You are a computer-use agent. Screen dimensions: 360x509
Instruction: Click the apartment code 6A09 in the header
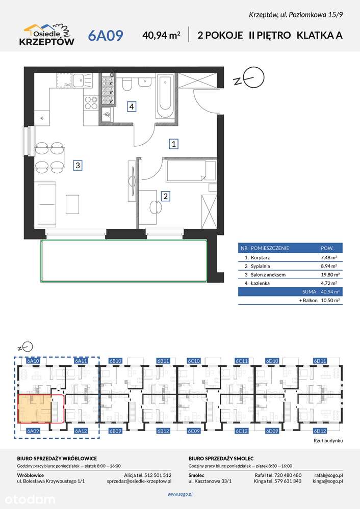tap(106, 35)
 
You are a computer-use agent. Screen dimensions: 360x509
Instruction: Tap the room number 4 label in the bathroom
tap(131, 106)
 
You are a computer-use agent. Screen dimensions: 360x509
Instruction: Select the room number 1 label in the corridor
tap(174, 144)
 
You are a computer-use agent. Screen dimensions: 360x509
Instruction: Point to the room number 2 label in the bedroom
tap(166, 196)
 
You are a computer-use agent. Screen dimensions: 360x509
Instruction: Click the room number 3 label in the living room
tap(78, 165)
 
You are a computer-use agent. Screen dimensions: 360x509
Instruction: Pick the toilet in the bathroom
tap(127, 84)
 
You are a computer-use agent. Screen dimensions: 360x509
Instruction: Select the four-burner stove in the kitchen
tap(91, 102)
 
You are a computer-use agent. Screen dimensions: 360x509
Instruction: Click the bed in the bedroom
tap(191, 170)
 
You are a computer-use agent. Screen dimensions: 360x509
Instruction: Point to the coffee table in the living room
tap(72, 204)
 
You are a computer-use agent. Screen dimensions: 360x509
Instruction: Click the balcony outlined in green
tap(123, 261)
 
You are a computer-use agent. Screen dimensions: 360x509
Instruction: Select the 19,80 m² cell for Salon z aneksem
tap(330, 275)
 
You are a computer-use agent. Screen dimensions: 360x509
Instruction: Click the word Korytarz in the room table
tap(260, 258)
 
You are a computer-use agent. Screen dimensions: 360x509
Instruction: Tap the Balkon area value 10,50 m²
tap(330, 300)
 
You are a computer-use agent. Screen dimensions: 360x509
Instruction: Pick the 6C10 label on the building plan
tap(194, 361)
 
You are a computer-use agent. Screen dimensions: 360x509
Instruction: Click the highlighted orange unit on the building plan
tap(35, 409)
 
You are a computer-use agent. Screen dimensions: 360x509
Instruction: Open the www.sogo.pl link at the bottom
tap(180, 494)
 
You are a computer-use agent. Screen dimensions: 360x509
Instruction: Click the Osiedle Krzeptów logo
tap(47, 35)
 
